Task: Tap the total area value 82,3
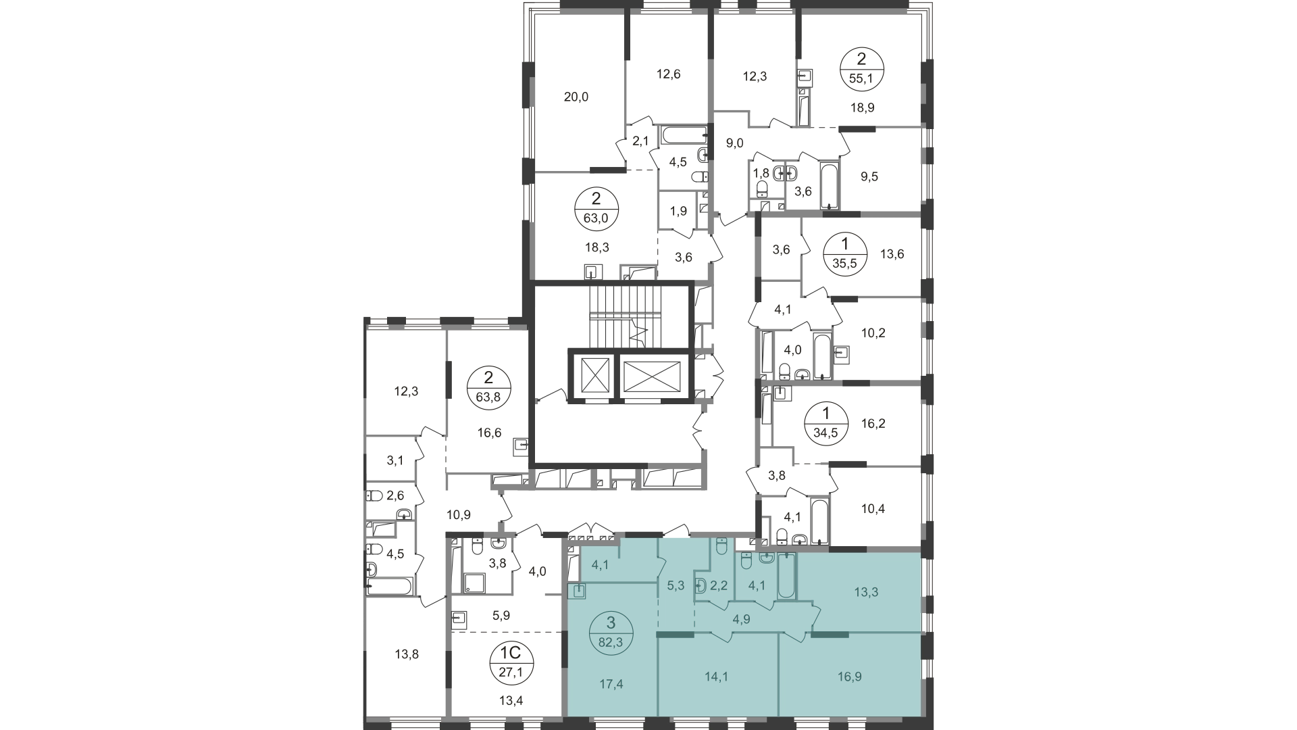(611, 642)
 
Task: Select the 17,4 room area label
(611, 684)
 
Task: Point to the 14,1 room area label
(716, 677)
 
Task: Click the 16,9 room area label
(848, 677)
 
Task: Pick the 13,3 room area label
(866, 592)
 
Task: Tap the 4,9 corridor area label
(741, 619)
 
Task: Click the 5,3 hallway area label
(676, 585)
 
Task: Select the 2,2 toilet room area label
(719, 585)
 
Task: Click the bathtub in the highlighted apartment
(786, 576)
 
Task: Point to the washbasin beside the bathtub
(767, 558)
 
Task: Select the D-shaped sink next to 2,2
(701, 586)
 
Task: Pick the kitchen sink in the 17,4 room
(578, 591)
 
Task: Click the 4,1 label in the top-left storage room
(600, 564)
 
